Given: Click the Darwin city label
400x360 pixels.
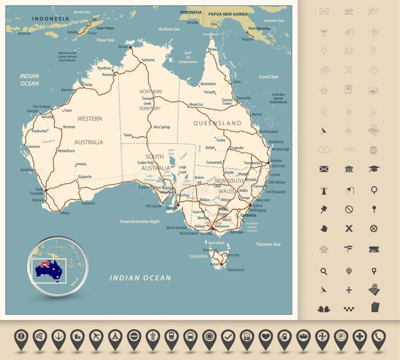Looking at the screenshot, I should [123, 47].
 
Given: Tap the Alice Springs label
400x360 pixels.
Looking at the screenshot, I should [161, 127].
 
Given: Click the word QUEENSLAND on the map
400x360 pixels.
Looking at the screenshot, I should [217, 123].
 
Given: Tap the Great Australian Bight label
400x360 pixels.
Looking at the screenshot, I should [140, 222].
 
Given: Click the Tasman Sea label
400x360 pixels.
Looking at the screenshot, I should [268, 244].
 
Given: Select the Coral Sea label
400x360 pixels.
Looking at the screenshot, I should [268, 77].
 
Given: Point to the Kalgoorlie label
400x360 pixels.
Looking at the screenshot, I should [84, 177].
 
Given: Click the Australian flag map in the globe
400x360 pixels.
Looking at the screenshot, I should [48, 269].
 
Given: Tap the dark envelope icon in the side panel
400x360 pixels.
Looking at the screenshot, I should [324, 169].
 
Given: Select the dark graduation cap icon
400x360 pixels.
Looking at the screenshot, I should [373, 169].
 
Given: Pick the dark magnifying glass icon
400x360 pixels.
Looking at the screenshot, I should [324, 271].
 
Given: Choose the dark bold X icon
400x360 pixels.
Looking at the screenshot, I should [349, 228].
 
